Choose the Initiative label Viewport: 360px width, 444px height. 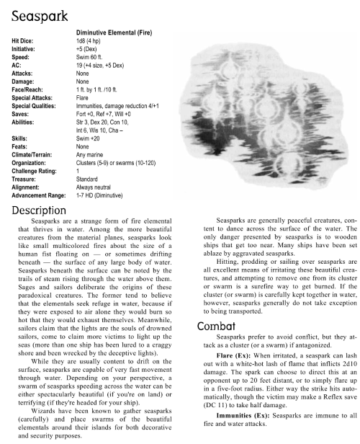pyautogui.click(x=24, y=51)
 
